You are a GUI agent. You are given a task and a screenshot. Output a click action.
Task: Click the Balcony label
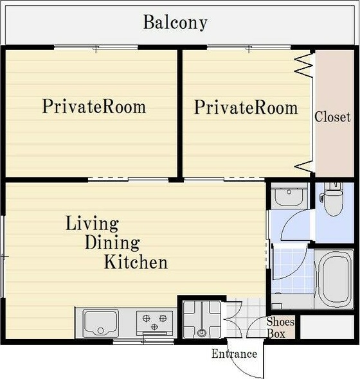pos(175,22)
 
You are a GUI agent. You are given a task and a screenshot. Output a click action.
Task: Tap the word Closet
pos(332,117)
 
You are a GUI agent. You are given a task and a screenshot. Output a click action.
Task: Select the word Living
pos(92,224)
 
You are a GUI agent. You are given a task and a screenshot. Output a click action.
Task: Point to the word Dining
pos(113,243)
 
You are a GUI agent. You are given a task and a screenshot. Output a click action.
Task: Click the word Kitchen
pos(136,262)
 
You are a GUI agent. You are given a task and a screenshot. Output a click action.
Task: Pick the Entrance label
pos(234,354)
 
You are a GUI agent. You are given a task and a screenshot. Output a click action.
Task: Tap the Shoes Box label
pos(280,328)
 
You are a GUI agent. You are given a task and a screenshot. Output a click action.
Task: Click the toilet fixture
pos(333,198)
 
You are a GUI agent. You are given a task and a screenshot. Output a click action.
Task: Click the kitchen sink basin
pos(100,323)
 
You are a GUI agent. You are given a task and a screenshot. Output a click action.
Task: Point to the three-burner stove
pos(154,322)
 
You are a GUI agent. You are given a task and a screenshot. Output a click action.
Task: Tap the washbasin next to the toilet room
pos(289,195)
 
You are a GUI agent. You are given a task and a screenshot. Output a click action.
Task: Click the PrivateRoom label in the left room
pos(94,107)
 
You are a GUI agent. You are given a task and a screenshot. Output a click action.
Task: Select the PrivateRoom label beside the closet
pos(246,107)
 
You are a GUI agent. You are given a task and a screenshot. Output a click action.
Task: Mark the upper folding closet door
pos(303,65)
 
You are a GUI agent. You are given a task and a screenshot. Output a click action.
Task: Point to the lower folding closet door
pos(304,167)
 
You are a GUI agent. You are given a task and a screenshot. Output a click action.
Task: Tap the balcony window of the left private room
pos(96,47)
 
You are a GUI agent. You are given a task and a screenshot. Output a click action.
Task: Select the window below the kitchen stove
pos(143,342)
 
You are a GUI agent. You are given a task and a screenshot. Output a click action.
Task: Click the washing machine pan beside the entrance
pos(202,319)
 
